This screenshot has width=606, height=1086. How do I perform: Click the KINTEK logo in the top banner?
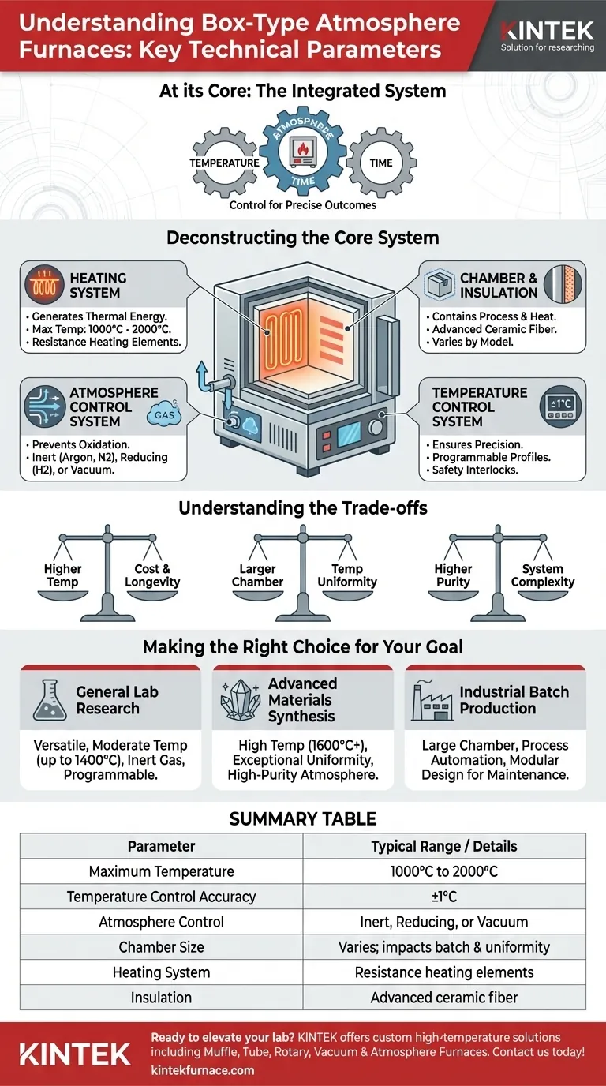pos(548,32)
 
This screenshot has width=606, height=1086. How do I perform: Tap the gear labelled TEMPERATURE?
pos(224,163)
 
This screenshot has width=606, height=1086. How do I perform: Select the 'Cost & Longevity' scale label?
pos(152,575)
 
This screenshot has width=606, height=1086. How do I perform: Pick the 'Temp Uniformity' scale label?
pos(347,575)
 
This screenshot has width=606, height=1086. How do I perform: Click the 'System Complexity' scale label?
pos(543,575)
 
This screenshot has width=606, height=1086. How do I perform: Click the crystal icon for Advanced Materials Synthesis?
pos(240,700)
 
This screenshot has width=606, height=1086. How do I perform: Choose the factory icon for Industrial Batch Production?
pos(431,700)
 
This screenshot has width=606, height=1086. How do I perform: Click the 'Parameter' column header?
pos(161,846)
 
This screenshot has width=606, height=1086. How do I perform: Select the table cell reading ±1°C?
pos(444,897)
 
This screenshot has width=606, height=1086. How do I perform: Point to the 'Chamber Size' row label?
pos(161,947)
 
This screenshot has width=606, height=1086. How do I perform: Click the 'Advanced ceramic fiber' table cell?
pos(444,998)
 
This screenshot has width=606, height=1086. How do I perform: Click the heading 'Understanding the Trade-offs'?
pos(303,507)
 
